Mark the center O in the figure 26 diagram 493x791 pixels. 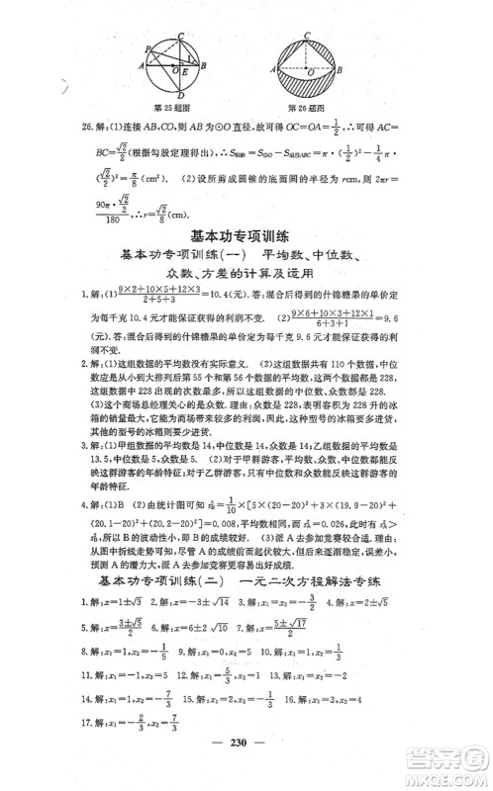[x=307, y=77]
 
